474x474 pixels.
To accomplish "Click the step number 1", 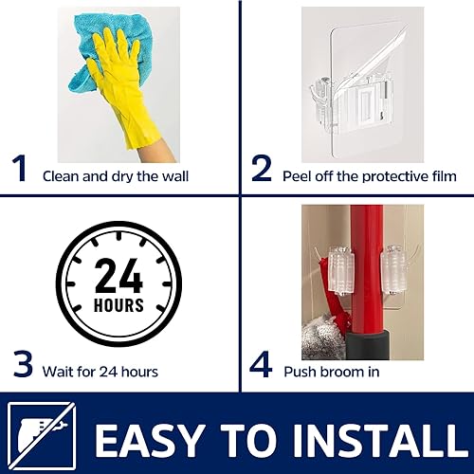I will pos(19,169).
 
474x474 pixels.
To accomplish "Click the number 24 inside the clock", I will pos(118,278).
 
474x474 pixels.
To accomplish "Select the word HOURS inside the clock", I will pos(118,306).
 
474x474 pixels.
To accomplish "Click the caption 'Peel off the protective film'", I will pos(370,175).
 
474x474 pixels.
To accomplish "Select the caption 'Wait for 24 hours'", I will pos(100,372).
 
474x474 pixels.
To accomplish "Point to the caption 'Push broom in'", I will pos(332,372).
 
